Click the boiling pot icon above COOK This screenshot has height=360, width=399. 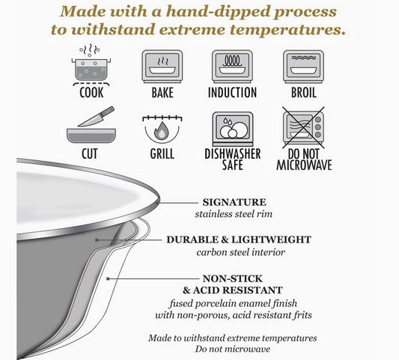(91, 66)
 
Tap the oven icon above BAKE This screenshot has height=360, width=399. (162, 67)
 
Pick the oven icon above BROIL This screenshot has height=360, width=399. (303, 67)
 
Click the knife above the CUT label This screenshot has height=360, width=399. (96, 117)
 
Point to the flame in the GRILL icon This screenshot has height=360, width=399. (162, 130)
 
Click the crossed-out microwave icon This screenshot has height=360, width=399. (303, 128)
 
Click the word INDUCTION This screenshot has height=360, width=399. (232, 92)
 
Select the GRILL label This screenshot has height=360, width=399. (162, 154)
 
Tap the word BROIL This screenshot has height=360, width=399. (304, 92)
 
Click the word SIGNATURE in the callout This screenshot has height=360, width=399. (234, 202)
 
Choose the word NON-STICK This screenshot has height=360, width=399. (233, 278)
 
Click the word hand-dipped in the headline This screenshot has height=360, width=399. (219, 11)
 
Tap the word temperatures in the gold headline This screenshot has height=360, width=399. (287, 30)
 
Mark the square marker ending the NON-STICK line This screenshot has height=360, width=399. (108, 279)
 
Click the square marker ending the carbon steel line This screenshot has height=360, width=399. (97, 240)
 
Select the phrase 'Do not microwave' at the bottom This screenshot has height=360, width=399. (233, 349)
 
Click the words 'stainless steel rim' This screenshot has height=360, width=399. (234, 214)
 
